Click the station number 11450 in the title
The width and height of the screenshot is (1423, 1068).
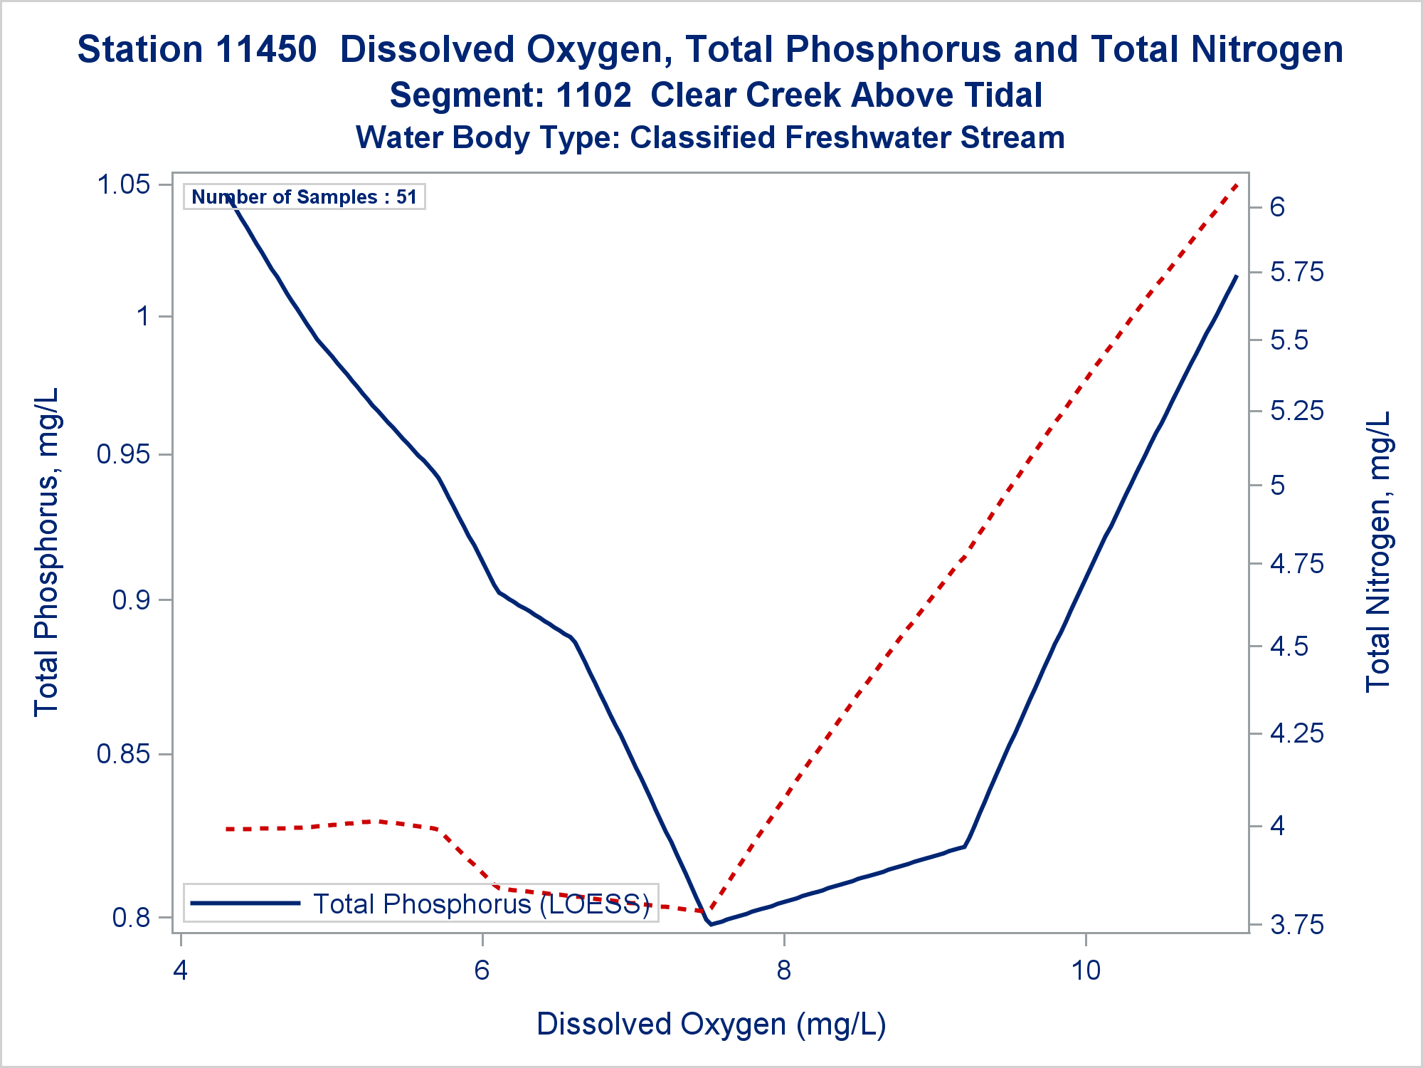pos(265,50)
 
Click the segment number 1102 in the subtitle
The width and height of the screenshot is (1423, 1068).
pos(593,95)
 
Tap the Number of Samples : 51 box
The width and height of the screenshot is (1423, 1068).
pos(304,197)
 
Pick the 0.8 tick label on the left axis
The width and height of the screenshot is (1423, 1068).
pos(132,917)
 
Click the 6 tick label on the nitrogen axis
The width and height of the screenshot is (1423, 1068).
pos(1278,206)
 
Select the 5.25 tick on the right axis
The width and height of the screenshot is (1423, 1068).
pos(1297,411)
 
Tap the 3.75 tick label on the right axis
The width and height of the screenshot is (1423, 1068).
pos(1297,925)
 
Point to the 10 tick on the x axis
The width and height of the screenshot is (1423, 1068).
pos(1086,970)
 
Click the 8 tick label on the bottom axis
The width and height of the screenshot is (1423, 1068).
pos(783,970)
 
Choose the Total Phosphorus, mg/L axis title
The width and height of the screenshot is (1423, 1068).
pos(46,552)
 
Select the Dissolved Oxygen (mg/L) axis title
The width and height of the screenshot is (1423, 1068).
pos(711,1024)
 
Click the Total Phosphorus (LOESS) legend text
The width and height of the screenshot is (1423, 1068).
pos(482,904)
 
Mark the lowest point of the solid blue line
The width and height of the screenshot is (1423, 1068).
pos(711,924)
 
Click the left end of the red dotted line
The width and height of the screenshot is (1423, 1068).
pos(226,829)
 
